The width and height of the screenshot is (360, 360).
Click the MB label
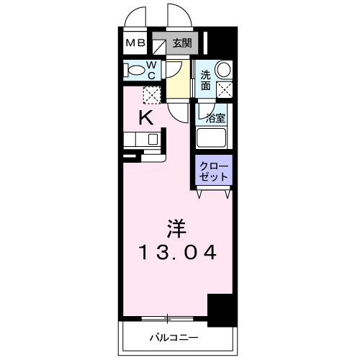point(136,43)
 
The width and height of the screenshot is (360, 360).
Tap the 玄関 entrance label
point(181,42)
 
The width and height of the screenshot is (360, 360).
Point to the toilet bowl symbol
point(133,70)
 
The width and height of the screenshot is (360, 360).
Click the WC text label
point(153,70)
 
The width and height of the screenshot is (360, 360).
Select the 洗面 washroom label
point(205,79)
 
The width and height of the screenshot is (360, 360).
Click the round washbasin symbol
point(223,71)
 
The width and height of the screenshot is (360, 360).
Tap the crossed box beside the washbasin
point(224,91)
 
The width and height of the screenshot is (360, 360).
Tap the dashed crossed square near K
point(152,94)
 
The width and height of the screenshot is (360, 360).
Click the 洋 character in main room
point(177,228)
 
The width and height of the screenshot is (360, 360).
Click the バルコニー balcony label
point(174,336)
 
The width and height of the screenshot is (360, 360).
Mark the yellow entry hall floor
point(179,79)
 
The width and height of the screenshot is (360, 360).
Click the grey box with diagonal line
point(158,44)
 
